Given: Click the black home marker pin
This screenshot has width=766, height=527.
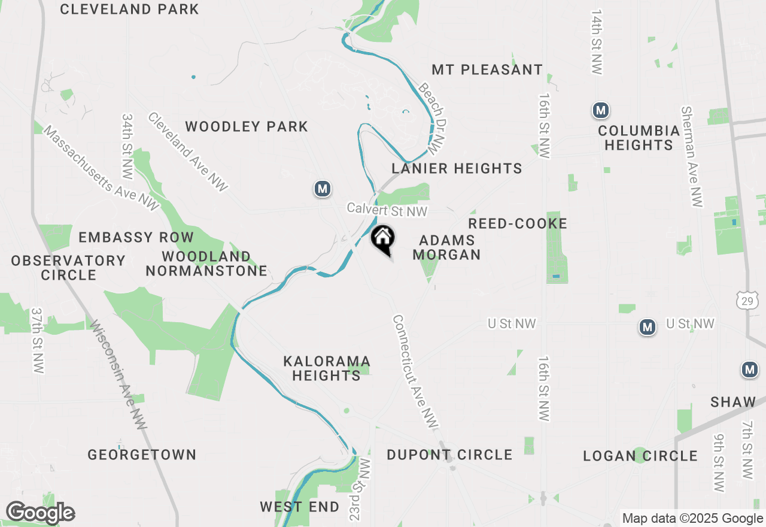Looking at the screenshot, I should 383,240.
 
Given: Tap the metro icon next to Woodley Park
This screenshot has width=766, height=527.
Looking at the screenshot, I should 323,189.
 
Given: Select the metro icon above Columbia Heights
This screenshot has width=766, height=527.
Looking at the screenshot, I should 601,110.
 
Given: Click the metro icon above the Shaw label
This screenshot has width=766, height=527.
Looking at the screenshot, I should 750,370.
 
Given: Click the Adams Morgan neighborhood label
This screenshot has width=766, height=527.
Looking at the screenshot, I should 447,247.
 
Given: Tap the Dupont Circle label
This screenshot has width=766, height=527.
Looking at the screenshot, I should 449,455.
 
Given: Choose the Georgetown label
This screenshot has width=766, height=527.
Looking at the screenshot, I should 142,455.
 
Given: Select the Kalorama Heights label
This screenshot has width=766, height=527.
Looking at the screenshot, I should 327,368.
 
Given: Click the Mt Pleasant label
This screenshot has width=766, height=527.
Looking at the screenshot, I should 487,70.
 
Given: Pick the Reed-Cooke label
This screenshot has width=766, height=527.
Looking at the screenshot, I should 518,223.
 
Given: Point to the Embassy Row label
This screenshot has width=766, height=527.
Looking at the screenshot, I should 136,237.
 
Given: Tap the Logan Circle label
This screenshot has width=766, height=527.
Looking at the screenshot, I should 640,456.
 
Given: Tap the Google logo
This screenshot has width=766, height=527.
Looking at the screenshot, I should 40,513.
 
